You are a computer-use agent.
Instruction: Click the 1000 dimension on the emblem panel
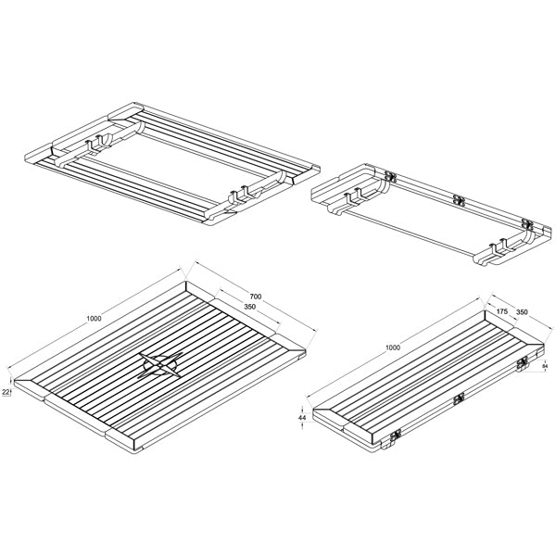(94, 318)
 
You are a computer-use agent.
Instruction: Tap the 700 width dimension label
(255, 297)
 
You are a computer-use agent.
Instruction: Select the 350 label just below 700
(249, 307)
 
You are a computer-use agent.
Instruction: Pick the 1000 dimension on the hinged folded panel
(393, 347)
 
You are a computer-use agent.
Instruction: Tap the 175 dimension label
(501, 312)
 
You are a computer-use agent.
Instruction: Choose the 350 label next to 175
(522, 312)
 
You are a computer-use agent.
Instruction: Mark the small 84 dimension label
(546, 368)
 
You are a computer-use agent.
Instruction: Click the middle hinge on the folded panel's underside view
(457, 198)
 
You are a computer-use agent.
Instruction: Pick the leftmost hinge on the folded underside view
(390, 176)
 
